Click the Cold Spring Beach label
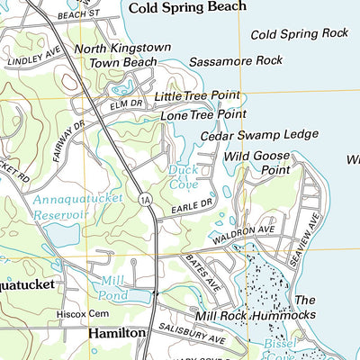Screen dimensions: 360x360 point(187,7)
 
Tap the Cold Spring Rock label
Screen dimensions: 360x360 point(299,34)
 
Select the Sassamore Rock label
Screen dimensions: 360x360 point(236,61)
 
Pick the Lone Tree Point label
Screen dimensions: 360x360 point(203,115)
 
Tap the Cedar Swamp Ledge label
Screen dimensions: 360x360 point(259,135)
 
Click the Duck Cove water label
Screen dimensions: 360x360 point(183,176)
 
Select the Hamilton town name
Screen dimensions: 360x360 point(117,333)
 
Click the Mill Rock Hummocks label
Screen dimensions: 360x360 point(256,316)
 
